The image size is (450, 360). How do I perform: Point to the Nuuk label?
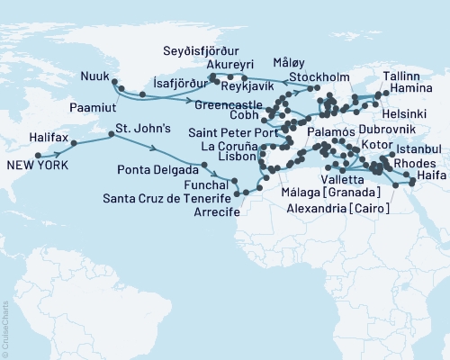coord(94,75)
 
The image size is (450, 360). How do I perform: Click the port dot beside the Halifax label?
coord(70,141)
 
